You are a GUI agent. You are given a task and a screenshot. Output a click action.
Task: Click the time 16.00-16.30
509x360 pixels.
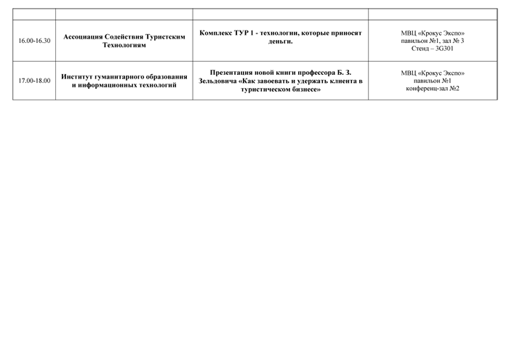tap(34, 41)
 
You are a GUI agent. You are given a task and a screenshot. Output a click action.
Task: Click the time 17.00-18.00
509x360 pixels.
tap(34, 81)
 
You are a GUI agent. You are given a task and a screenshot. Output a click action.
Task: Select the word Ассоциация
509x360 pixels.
tap(83, 36)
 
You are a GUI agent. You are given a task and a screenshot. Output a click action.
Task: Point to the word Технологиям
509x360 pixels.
tap(124, 45)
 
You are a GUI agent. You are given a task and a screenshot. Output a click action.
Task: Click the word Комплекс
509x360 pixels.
tap(215, 33)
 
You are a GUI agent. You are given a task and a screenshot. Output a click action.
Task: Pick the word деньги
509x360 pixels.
tap(281, 41)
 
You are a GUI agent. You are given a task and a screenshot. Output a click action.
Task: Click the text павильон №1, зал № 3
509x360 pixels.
tap(433, 41)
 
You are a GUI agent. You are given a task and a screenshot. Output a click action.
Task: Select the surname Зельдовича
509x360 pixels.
tap(217, 81)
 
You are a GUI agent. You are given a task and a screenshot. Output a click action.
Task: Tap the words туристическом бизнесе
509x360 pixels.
tap(281, 89)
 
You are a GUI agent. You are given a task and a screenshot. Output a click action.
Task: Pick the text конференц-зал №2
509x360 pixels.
tap(433, 88)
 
